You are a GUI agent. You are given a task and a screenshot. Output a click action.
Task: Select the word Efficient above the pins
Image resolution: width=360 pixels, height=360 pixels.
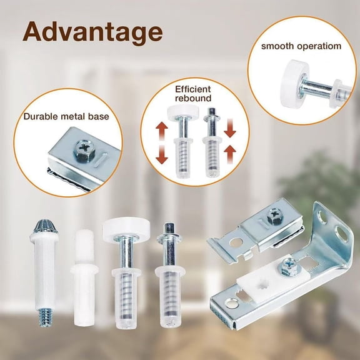(194, 89)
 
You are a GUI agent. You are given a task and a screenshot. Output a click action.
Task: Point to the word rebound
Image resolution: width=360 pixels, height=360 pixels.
(194, 98)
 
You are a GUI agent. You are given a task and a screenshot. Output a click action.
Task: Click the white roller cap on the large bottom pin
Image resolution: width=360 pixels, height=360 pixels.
(124, 226)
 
